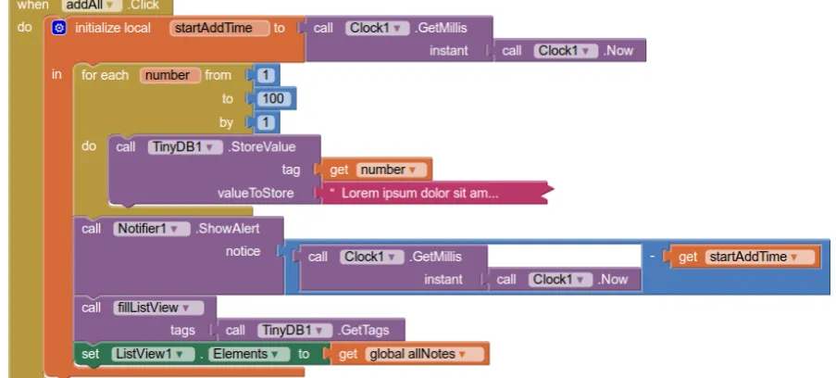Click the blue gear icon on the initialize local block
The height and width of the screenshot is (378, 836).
tap(58, 28)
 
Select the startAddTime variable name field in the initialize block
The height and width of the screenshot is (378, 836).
tap(219, 28)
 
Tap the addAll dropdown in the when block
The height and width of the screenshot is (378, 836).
tap(92, 6)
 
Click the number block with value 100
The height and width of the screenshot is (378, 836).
tap(273, 99)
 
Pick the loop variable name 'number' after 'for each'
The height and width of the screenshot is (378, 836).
tap(170, 75)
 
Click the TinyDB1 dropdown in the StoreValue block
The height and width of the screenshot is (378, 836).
tap(185, 146)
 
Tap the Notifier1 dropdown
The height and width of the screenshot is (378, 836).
tap(152, 229)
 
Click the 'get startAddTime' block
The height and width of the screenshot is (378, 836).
tap(745, 257)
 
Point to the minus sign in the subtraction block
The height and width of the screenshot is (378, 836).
tap(652, 257)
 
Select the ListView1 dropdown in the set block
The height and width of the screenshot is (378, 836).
tap(153, 354)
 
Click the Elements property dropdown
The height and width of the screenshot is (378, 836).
tap(249, 354)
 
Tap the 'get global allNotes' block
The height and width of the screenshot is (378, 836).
tap(409, 354)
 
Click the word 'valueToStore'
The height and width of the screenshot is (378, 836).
tap(256, 193)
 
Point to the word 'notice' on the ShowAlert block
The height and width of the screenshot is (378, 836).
tap(243, 251)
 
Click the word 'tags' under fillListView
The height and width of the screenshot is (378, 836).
tap(182, 331)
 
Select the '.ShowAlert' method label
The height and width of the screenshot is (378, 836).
tap(228, 229)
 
